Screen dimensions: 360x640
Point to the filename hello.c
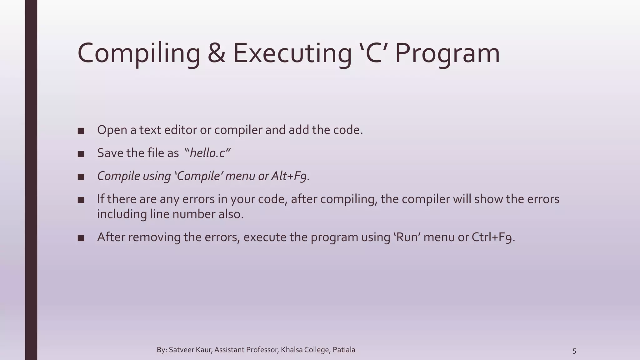pyautogui.click(x=207, y=153)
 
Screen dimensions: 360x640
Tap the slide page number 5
pyautogui.click(x=574, y=351)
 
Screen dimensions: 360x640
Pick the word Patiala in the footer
pyautogui.click(x=344, y=350)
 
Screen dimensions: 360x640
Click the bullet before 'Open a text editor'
pyautogui.click(x=81, y=131)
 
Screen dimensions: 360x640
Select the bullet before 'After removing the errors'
pyautogui.click(x=81, y=238)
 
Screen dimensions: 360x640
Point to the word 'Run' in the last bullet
pyautogui.click(x=406, y=237)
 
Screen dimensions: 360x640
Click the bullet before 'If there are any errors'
pyautogui.click(x=81, y=200)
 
